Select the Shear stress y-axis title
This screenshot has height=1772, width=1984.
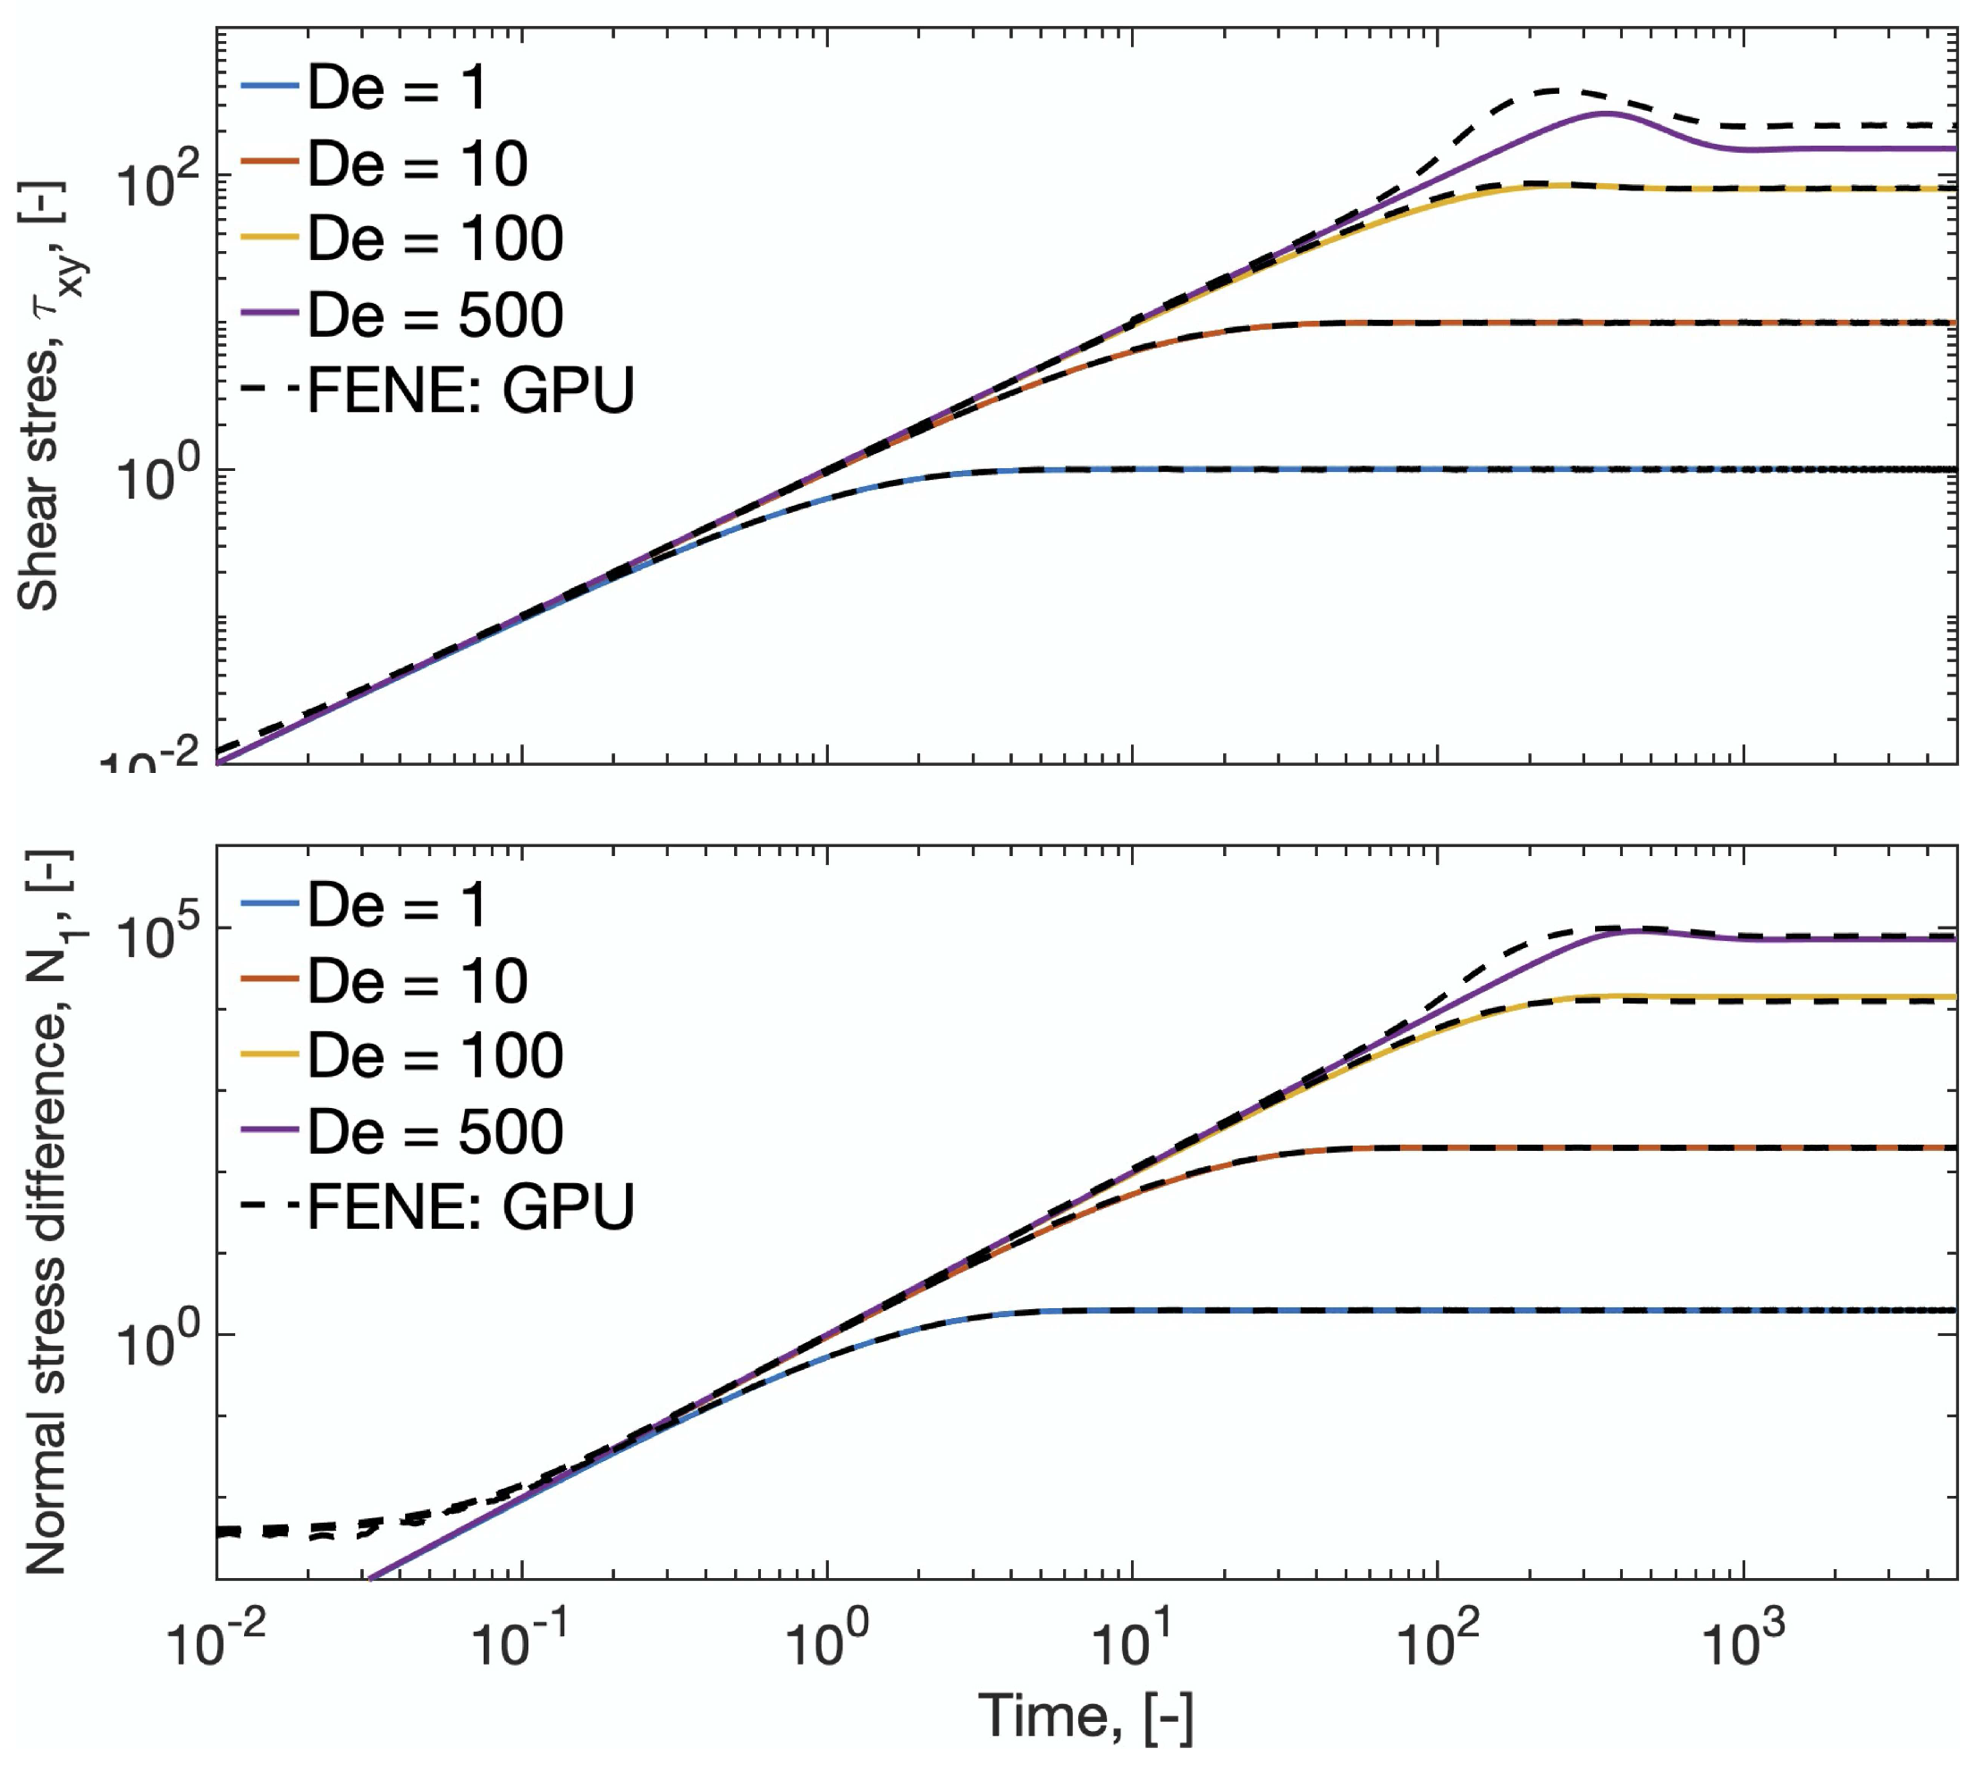click(44, 394)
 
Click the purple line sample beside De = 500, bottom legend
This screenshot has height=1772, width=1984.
click(269, 1130)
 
